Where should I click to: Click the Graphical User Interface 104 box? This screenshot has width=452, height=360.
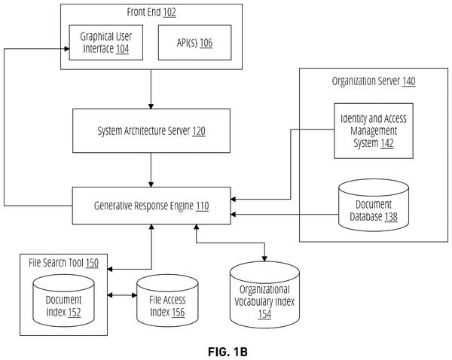click(x=105, y=42)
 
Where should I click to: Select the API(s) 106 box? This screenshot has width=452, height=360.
click(x=194, y=42)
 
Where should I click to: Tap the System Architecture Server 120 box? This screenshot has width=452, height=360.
click(x=151, y=130)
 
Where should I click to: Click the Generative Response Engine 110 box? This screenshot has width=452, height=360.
click(x=151, y=206)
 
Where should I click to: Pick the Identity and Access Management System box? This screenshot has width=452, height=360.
click(x=374, y=130)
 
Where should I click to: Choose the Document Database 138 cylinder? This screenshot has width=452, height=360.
click(x=374, y=205)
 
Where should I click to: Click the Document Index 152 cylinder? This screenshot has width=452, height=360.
click(x=64, y=301)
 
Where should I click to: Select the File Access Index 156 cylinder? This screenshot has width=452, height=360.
click(x=167, y=301)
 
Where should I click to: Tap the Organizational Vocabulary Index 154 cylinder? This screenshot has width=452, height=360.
click(x=264, y=295)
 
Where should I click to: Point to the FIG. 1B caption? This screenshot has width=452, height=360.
click(x=228, y=352)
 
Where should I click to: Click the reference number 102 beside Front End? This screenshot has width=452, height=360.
click(x=169, y=12)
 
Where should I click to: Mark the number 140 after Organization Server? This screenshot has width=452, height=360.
click(x=409, y=81)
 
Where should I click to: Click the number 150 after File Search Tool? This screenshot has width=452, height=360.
click(x=92, y=263)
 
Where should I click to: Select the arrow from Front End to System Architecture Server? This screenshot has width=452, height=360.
click(x=151, y=89)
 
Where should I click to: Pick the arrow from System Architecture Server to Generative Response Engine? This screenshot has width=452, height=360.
click(x=151, y=169)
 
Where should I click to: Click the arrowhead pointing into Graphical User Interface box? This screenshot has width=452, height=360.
click(x=66, y=49)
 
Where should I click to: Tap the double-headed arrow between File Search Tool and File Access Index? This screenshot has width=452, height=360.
click(x=122, y=295)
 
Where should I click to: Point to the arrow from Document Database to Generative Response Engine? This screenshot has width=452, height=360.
click(x=285, y=215)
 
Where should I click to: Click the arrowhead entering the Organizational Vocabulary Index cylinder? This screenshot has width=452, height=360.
click(x=264, y=258)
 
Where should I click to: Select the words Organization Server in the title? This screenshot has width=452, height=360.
click(x=366, y=81)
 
